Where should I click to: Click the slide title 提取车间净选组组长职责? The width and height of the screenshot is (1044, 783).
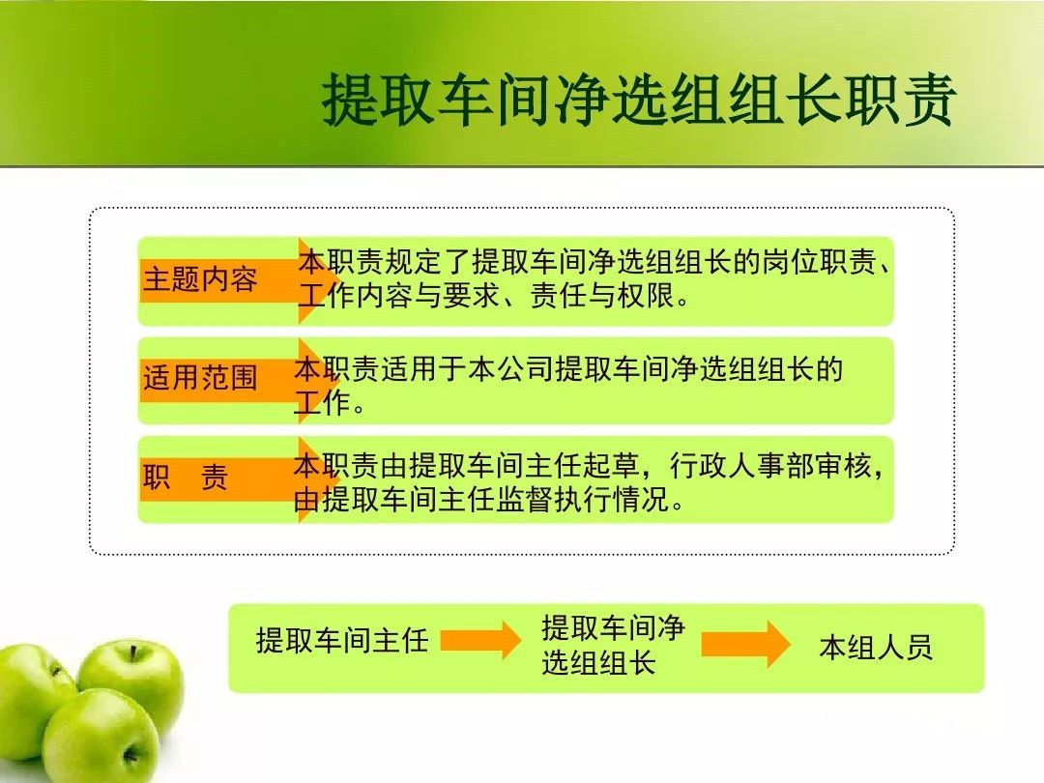(x=639, y=100)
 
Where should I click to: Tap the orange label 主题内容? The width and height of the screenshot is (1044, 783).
(x=200, y=279)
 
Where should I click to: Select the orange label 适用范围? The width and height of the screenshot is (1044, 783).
(x=200, y=378)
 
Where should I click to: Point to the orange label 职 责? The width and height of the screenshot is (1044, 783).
(x=186, y=477)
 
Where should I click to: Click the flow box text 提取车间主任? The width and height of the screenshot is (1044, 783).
(x=342, y=641)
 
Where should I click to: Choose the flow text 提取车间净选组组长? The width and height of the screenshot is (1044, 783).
(x=613, y=645)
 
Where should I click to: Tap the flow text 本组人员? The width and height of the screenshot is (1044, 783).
(x=876, y=647)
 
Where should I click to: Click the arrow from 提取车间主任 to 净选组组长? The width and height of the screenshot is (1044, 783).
(x=480, y=641)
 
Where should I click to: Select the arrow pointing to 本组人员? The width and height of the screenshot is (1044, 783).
(x=745, y=644)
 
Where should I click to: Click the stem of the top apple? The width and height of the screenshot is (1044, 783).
(x=133, y=653)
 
